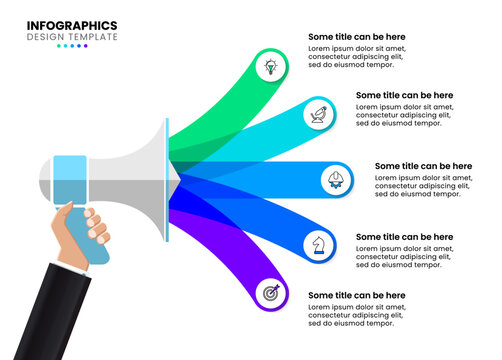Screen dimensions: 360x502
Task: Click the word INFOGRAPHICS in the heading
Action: [72, 25]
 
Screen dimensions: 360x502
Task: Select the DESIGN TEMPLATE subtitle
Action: [72, 37]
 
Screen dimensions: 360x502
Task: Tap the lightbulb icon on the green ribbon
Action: [270, 67]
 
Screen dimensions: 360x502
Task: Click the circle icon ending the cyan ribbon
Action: [319, 114]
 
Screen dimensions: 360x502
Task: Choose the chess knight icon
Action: [318, 243]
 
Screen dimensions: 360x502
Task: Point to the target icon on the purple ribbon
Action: [270, 293]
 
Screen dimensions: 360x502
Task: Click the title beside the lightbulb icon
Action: [357, 36]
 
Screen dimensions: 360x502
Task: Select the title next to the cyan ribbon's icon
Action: [404, 95]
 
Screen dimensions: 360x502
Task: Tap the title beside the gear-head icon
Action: [423, 166]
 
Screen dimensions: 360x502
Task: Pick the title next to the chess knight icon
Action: [404, 237]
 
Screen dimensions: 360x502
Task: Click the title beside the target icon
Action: [357, 295]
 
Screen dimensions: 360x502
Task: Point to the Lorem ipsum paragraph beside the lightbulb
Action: [357, 56]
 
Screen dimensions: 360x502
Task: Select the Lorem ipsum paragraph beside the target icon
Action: [357, 315]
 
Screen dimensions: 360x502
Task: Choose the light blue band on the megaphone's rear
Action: [69, 180]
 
